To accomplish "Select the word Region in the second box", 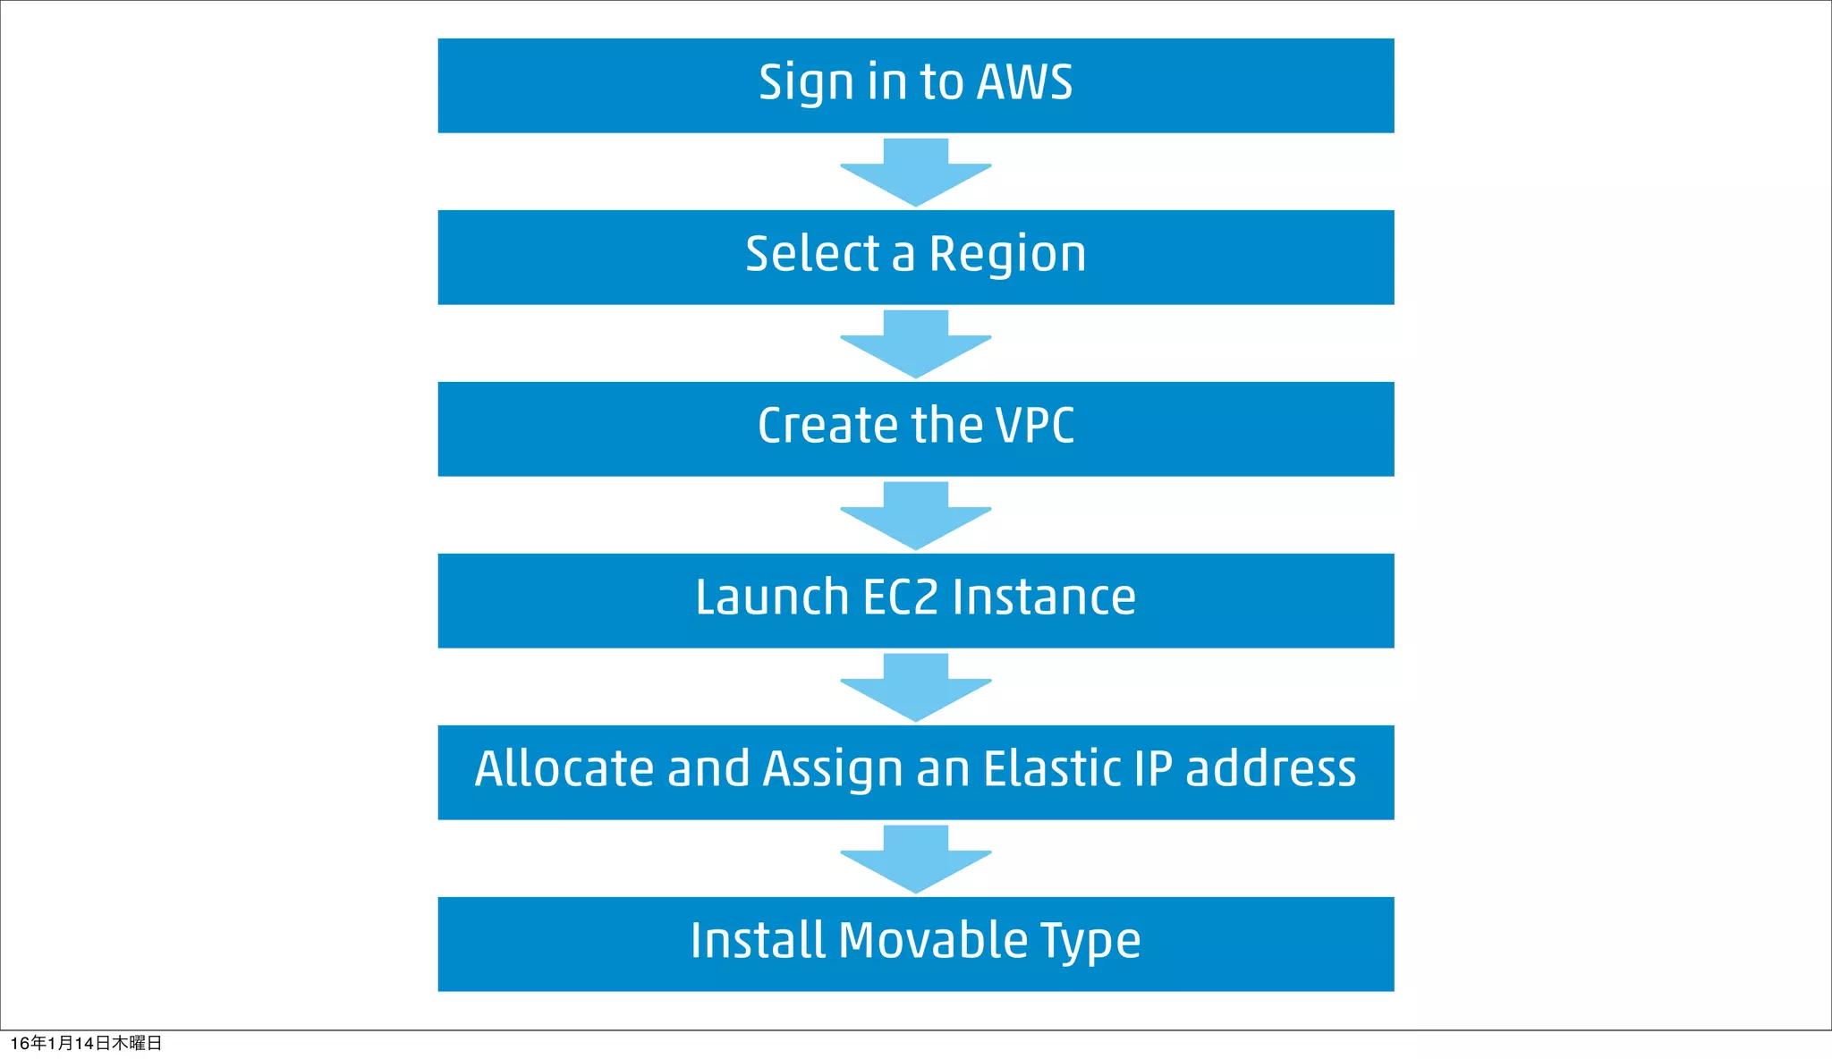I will pyautogui.click(x=1007, y=255).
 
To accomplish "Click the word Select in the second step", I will pyautogui.click(x=812, y=254).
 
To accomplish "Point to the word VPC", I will pyautogui.click(x=1035, y=426).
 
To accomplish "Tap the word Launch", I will pyautogui.click(x=771, y=597).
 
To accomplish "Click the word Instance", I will pyautogui.click(x=1044, y=597).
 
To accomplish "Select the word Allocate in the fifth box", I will pyautogui.click(x=564, y=769).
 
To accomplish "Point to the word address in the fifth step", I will pyautogui.click(x=1270, y=769).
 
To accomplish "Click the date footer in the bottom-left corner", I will pyautogui.click(x=86, y=1043).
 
